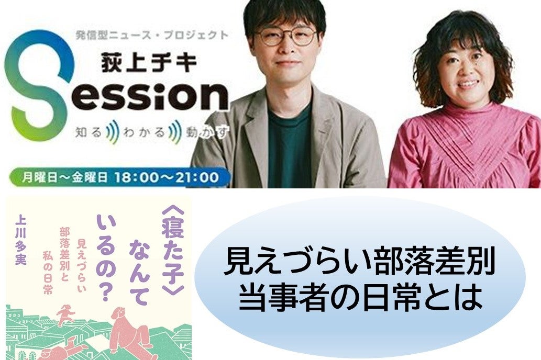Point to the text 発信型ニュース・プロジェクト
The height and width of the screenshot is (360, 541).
coord(152,35)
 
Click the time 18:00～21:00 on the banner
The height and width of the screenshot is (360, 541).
coord(167,177)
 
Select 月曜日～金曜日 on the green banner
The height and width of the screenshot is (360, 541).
coord(64,177)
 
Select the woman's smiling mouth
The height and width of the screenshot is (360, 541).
coord(468,84)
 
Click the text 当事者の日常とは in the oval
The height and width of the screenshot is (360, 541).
coord(360,296)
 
